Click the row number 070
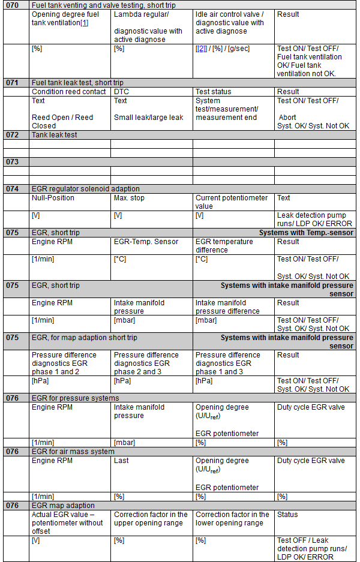13,5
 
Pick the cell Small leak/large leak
149,118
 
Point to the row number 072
13,136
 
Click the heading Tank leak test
55,136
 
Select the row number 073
13,162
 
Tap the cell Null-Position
53,197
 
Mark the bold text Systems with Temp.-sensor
306,233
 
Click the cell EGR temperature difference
224,246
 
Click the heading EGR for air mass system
73,452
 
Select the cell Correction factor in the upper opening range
151,519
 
